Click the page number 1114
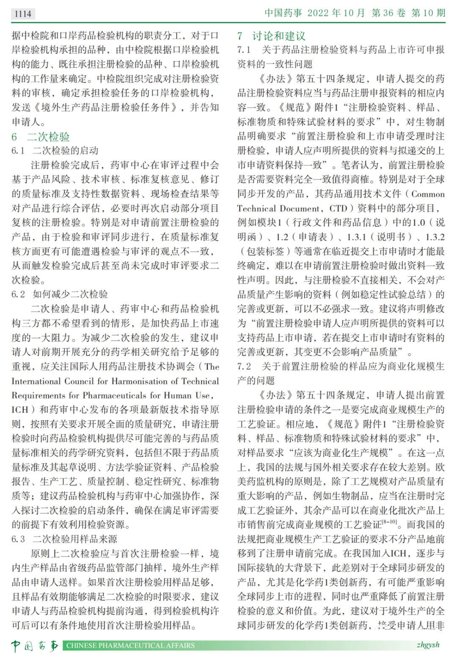pos(23,14)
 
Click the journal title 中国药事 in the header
pos(283,13)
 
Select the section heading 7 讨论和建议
pos(271,36)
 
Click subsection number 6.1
pos(18,151)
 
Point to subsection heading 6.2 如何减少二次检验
pos(60,294)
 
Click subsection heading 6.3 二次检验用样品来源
pos(64,539)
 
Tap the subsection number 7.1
pos(244,50)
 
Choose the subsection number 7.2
pos(244,366)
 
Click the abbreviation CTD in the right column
pos(338,208)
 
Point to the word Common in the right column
pos(428,194)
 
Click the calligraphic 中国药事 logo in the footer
pos(35,645)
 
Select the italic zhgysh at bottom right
pos(428,645)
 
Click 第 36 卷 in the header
pos(388,13)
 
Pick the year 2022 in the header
pos(318,13)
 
